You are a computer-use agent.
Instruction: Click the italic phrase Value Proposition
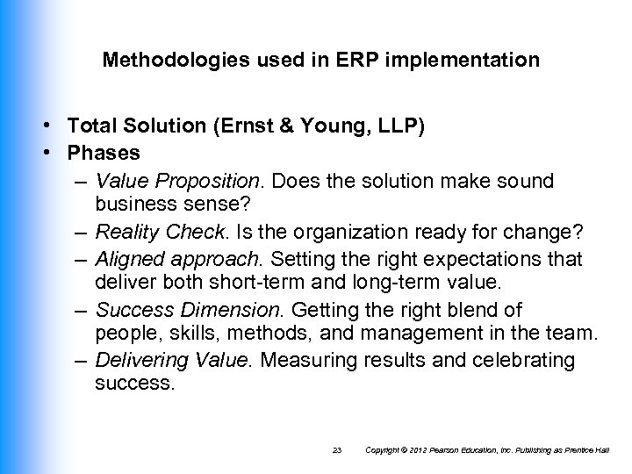[x=179, y=181]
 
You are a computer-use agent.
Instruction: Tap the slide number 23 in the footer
[x=336, y=450]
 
